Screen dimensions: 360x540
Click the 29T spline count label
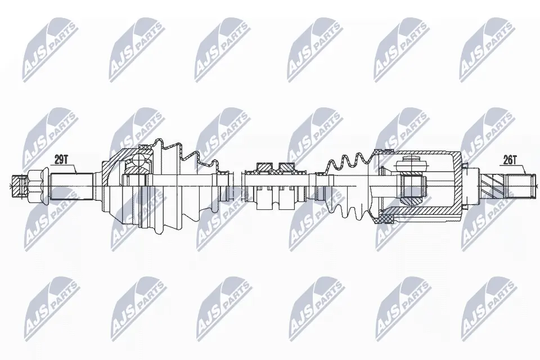tap(60, 160)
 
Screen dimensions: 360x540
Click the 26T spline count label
tap(510, 160)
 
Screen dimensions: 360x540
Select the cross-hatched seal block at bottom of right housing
tap(386, 217)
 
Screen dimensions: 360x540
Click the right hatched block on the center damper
tap(287, 166)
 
